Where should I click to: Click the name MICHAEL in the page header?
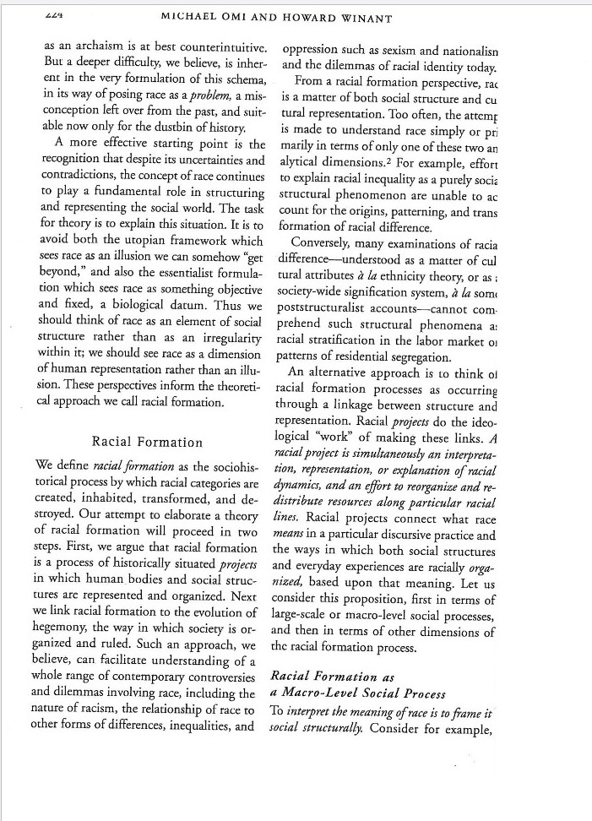(x=195, y=18)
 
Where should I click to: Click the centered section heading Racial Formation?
(x=148, y=442)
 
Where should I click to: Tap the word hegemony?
(x=68, y=628)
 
